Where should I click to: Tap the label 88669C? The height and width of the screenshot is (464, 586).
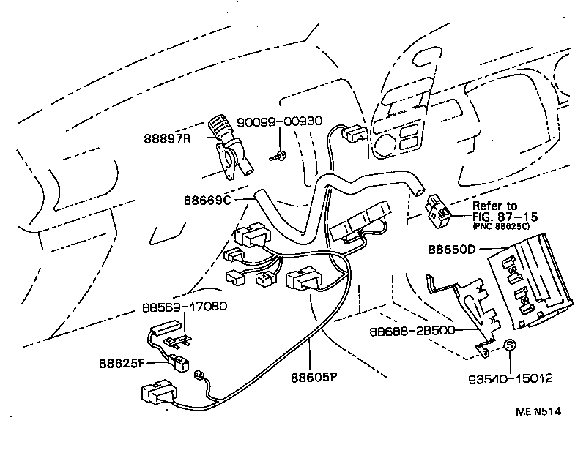point(209,199)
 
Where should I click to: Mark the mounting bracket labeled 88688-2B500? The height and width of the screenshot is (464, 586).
point(469,307)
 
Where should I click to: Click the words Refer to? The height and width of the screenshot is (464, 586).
point(494,206)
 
